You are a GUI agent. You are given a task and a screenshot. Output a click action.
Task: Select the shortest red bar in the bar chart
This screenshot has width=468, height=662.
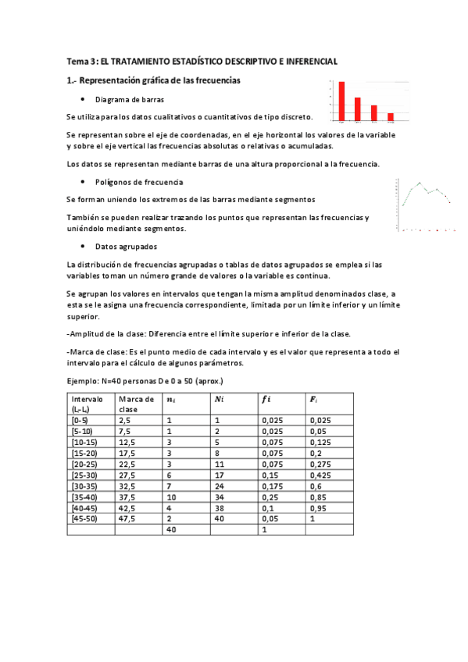tap(391, 117)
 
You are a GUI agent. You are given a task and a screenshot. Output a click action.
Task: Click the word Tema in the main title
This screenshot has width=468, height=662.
tap(77, 61)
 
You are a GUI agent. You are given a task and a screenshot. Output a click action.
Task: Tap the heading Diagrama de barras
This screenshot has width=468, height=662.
tap(130, 100)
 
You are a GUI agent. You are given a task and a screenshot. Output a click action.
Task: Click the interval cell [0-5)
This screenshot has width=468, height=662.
tap(80, 419)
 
